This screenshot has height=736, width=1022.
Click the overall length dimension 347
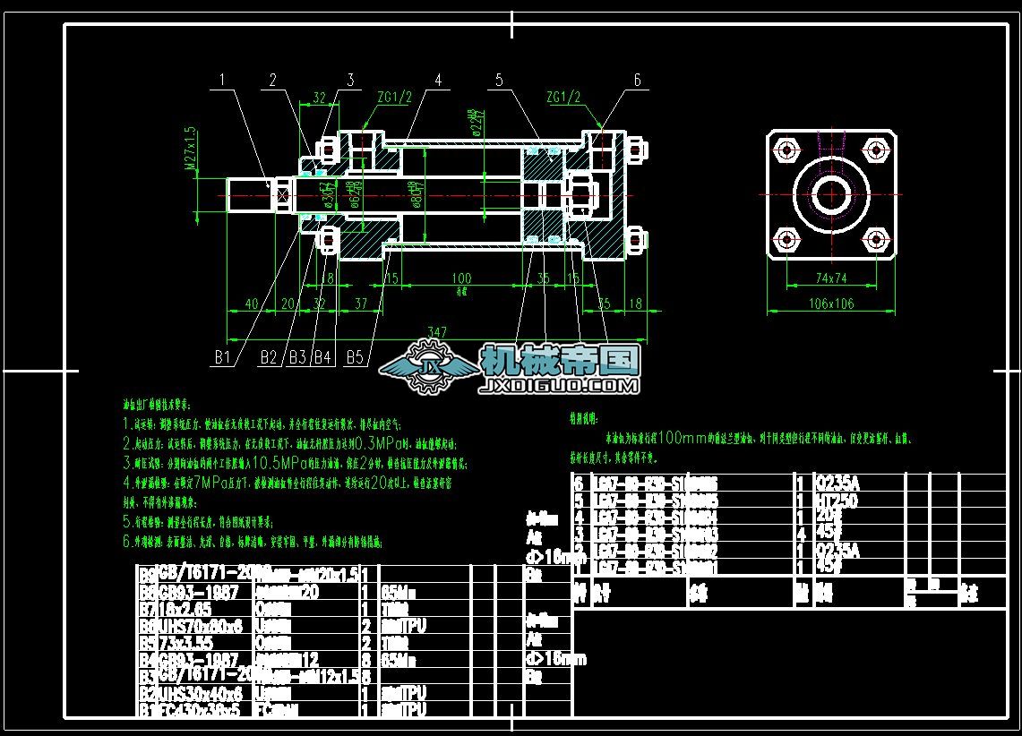[436, 332]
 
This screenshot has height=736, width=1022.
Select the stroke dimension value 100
[461, 278]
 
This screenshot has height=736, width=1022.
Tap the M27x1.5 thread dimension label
[190, 148]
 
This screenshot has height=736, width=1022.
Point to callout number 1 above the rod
[222, 80]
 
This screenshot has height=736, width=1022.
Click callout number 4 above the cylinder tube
[438, 80]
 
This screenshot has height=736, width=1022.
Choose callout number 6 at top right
[637, 80]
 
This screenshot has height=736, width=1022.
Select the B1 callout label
[222, 358]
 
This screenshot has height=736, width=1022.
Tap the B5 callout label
[355, 358]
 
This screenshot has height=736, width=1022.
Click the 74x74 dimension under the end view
[831, 278]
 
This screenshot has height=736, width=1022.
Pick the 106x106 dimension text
[831, 304]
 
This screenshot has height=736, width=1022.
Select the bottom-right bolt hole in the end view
[875, 239]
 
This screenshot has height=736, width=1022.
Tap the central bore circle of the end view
[831, 193]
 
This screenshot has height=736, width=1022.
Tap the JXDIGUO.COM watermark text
[559, 387]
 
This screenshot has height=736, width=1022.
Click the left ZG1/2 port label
[393, 97]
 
